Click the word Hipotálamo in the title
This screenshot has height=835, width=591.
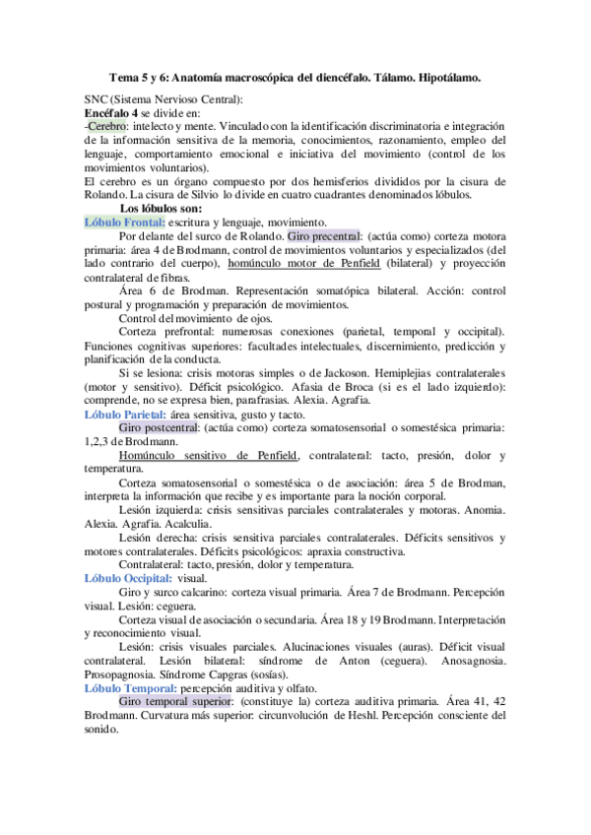445,77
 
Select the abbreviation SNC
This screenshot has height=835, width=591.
98,100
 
